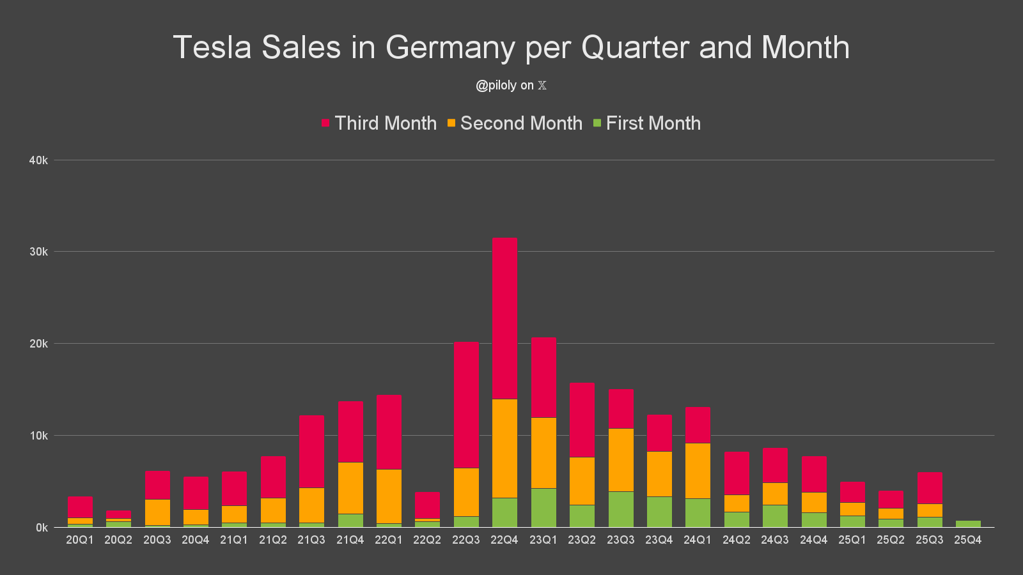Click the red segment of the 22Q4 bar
(x=504, y=318)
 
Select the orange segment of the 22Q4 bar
(x=504, y=448)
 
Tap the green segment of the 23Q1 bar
(x=543, y=508)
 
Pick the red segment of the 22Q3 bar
(x=466, y=405)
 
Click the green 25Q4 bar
(x=968, y=524)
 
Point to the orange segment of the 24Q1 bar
(x=698, y=471)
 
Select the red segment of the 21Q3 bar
(x=311, y=452)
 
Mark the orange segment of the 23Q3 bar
(x=621, y=460)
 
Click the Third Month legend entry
(x=379, y=123)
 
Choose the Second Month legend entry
(x=515, y=123)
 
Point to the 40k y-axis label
(x=38, y=160)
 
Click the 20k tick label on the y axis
(x=38, y=344)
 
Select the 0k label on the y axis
(x=42, y=528)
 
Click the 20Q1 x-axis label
(x=80, y=540)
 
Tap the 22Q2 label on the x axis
(x=427, y=540)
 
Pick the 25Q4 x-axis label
(x=968, y=540)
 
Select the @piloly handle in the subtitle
(x=496, y=86)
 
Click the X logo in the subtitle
(x=542, y=86)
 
